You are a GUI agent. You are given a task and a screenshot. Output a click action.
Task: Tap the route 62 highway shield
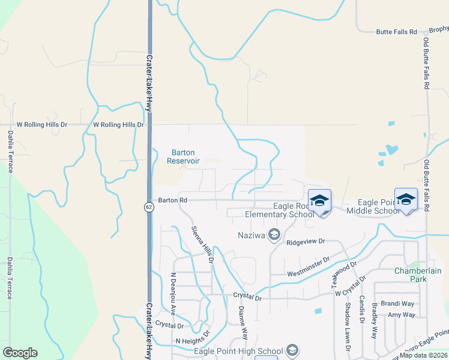tap(148, 207)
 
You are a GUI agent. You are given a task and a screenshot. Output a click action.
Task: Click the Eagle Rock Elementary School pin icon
tap(319, 201)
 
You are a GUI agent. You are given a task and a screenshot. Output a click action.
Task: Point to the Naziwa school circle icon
tap(274, 233)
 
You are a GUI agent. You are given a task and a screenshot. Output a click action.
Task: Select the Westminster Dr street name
tap(309, 265)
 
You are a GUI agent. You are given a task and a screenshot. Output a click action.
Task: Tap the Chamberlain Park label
tap(418, 275)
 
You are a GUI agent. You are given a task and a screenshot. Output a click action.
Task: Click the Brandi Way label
tap(401, 304)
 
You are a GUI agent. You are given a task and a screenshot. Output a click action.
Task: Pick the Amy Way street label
tap(401, 314)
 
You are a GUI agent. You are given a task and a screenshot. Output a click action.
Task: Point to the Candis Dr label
tap(362, 310)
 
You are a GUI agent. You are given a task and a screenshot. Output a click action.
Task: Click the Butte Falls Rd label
tap(396, 32)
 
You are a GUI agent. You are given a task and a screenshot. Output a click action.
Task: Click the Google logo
tap(20, 353)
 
